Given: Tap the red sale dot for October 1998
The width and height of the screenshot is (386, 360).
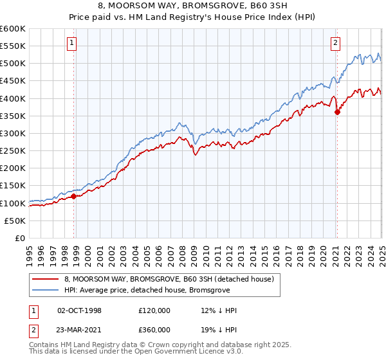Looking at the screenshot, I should coord(73,196).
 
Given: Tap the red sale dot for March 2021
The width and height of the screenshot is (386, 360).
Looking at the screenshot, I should coord(337,112).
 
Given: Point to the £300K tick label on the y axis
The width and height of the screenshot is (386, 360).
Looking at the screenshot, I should coord(13,133).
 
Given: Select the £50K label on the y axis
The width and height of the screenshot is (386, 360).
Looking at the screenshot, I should coord(15,221).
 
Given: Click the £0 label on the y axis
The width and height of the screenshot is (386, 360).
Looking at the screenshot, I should coord(19,238).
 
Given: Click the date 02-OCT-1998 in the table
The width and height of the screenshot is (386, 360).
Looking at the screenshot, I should coord(79,310).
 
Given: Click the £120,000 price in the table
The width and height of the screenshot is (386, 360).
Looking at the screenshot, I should coord(154,310).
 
